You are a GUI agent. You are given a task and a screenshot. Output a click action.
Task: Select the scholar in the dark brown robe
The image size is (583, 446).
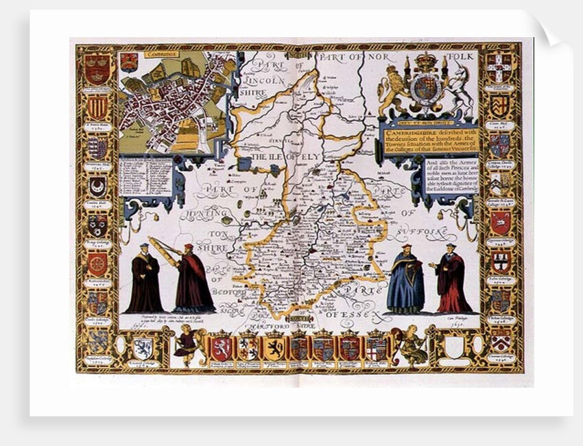coord(144,280)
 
